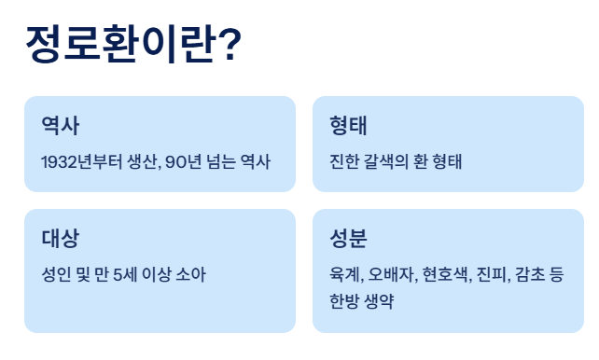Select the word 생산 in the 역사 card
[140, 161]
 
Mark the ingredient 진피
[493, 274]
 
